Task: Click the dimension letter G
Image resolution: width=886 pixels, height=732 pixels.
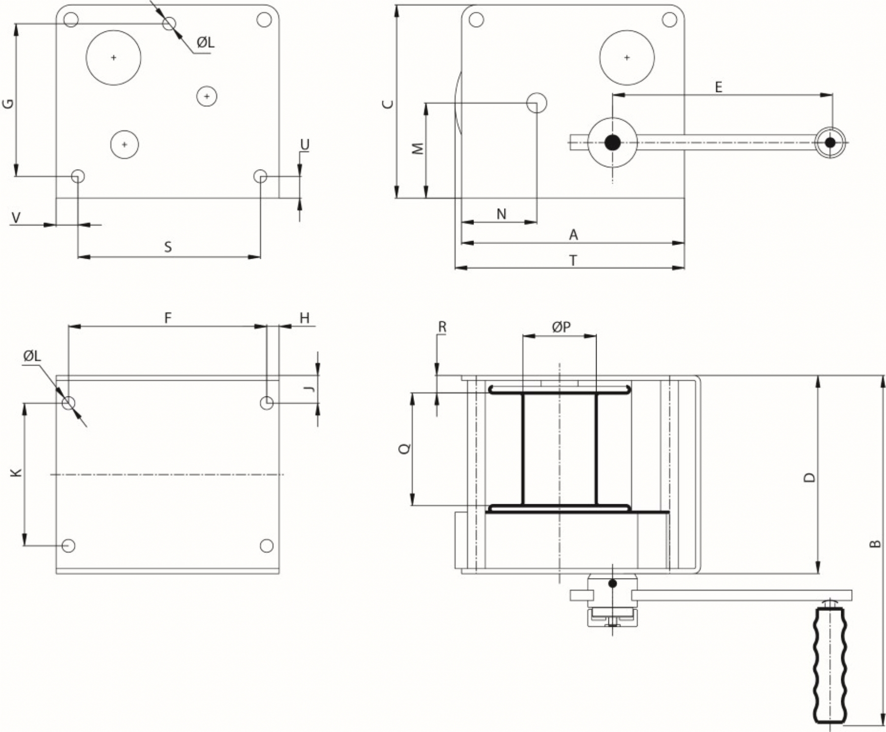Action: pos(8,103)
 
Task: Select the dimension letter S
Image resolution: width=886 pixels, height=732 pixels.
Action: pos(168,247)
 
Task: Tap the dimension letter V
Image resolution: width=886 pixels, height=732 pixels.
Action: pos(16,217)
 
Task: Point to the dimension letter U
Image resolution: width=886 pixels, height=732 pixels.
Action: pos(305,145)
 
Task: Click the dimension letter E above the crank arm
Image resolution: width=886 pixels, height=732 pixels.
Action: pos(718,88)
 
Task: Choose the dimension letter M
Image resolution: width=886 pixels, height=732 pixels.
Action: pos(418,148)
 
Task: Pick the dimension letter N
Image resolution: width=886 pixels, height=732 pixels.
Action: pos(501,214)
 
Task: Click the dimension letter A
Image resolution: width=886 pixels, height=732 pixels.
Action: pos(573,235)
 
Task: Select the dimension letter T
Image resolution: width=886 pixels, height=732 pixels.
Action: pos(573,260)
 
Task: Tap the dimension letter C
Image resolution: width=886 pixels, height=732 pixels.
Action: pos(388,104)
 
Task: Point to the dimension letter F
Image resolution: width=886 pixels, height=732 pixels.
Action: pos(168,318)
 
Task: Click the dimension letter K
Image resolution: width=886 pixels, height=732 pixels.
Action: pos(17,473)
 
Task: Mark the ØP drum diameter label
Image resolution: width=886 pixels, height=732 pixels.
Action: pos(561,327)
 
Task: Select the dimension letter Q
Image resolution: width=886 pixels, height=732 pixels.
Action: pos(405,449)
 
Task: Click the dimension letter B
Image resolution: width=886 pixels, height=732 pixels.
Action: pos(875,544)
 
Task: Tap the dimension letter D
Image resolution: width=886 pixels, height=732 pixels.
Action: pos(809,477)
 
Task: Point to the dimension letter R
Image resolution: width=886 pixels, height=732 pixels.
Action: pos(442,327)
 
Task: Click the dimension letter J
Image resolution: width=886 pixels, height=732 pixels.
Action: pos(310,389)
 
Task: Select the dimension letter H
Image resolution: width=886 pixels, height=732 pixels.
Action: pos(305,318)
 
